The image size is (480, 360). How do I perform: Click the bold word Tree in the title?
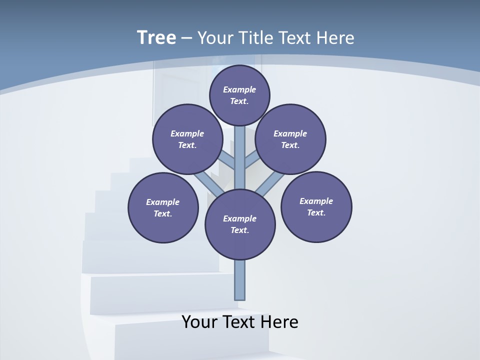click(x=156, y=38)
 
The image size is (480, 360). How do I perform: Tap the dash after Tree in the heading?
click(x=186, y=38)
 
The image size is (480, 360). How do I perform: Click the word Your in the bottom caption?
click(x=200, y=322)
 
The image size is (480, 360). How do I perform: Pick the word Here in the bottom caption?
click(x=279, y=322)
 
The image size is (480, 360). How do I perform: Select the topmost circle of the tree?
click(x=239, y=95)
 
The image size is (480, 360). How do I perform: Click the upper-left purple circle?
click(x=187, y=139)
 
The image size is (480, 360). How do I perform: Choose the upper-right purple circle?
click(x=290, y=139)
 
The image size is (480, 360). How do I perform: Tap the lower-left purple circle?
click(x=163, y=207)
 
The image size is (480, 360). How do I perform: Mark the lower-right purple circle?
click(x=316, y=206)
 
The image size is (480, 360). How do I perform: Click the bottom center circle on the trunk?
click(x=240, y=224)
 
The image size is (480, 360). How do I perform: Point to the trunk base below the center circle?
click(x=240, y=280)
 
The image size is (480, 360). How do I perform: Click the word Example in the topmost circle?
click(x=239, y=89)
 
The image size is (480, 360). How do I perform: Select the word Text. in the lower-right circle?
click(x=316, y=212)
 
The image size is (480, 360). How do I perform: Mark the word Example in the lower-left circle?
click(x=163, y=202)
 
